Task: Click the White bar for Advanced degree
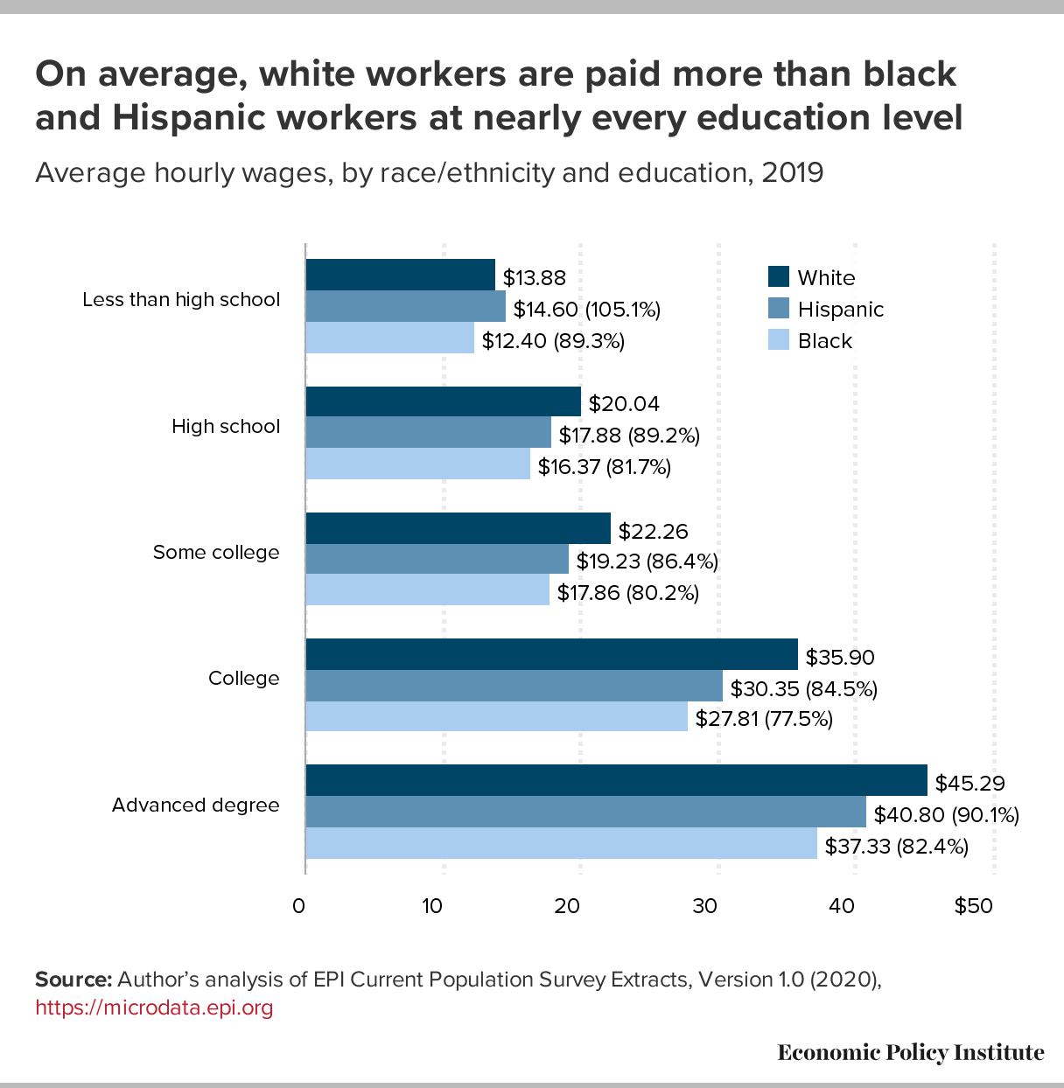[616, 780]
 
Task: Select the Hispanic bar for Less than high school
[405, 306]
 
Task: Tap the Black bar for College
[496, 717]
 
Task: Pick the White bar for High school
[443, 402]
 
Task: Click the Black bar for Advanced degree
[561, 843]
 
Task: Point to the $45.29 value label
[969, 783]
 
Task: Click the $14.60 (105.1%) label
[586, 310]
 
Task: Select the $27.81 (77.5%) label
[764, 719]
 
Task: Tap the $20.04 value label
[624, 404]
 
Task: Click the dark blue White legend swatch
[778, 277]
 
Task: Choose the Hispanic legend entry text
[840, 310]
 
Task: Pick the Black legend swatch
[778, 340]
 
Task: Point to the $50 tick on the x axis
[974, 906]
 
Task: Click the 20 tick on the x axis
[568, 906]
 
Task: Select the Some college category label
[216, 553]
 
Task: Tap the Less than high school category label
[181, 300]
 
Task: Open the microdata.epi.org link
[154, 1008]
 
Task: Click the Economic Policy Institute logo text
[910, 1052]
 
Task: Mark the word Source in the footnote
[73, 980]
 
